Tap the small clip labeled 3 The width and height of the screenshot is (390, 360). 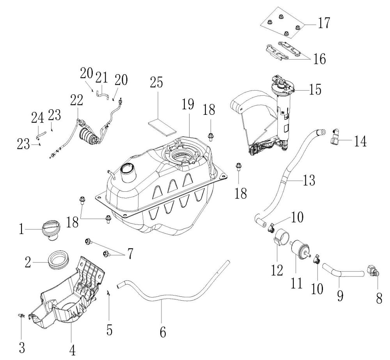(22, 316)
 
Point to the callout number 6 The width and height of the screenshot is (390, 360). (163, 332)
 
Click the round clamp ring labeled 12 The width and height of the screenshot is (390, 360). (282, 237)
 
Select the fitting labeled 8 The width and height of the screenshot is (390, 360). (372, 272)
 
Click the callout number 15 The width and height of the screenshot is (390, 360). (315, 89)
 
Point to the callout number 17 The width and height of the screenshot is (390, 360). (324, 23)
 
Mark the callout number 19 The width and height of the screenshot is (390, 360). (188, 104)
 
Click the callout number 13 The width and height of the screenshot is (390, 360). (309, 180)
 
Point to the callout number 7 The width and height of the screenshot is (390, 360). (130, 253)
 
